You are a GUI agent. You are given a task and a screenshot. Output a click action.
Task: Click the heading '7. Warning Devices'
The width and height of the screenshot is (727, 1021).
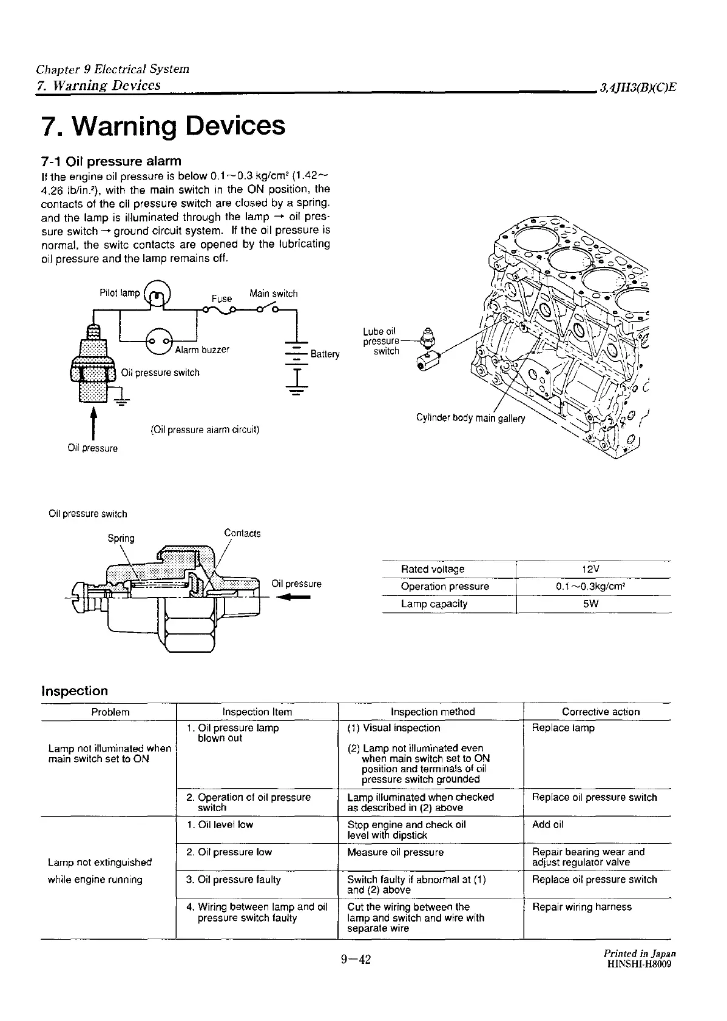163,126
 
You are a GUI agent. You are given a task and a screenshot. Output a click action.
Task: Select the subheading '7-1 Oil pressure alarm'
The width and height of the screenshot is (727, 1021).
111,161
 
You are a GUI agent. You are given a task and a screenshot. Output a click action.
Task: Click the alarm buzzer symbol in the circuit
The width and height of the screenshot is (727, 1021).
160,342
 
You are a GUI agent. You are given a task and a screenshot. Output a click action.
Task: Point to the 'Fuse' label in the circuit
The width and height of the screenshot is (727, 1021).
221,298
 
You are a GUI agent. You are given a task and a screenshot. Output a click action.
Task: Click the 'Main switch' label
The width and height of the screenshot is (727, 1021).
273,294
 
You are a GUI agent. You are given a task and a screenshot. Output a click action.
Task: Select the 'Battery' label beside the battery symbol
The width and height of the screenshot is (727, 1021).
325,354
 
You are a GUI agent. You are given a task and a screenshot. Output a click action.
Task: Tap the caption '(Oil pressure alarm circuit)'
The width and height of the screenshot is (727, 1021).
205,430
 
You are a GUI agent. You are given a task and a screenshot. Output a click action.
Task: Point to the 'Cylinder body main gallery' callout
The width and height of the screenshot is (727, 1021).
470,418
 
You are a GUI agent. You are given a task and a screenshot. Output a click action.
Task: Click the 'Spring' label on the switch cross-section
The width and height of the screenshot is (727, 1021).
121,538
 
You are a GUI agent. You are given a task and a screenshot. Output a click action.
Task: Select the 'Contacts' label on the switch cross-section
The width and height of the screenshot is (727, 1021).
242,533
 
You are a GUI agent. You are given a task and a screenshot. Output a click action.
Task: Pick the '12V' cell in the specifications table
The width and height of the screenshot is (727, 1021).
590,569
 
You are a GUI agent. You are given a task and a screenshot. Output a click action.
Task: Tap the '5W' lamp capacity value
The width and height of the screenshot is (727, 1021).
590,604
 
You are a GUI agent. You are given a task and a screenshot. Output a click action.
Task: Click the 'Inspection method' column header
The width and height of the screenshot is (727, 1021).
433,712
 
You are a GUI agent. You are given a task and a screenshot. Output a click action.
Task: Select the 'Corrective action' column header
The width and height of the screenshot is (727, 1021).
600,712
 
